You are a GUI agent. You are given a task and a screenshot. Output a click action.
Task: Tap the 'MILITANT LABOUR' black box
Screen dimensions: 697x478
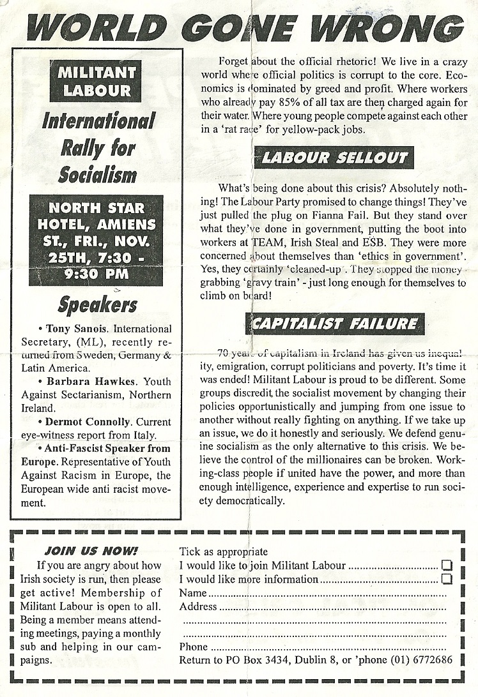click(97, 81)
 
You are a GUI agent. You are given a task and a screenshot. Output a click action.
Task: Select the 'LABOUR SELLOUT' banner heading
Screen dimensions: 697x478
click(334, 158)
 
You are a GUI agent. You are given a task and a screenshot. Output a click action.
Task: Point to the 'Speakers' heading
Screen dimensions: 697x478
click(97, 304)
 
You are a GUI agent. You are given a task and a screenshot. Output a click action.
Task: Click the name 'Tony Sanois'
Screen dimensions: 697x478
click(73, 329)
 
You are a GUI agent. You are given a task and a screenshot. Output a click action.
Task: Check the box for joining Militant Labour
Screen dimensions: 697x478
click(447, 565)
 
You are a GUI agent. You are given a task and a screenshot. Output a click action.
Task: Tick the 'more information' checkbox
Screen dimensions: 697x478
click(447, 579)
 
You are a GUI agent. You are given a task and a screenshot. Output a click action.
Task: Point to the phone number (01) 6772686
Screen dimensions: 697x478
click(416, 659)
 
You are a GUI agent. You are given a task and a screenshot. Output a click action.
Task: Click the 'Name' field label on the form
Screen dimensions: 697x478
click(193, 593)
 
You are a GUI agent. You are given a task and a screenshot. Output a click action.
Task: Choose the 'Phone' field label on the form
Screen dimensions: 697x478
click(194, 647)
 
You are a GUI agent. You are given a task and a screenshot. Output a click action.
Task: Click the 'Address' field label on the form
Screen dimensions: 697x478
click(198, 606)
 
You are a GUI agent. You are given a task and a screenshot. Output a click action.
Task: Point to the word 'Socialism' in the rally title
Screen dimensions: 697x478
click(98, 174)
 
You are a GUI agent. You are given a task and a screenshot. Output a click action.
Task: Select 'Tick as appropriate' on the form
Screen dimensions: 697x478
click(223, 551)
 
